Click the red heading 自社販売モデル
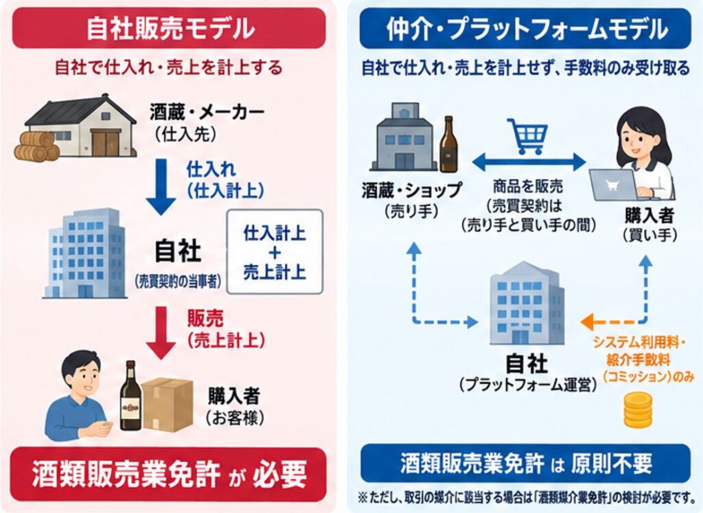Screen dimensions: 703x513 click(x=169, y=27)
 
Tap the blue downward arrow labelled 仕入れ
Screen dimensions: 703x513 click(x=161, y=187)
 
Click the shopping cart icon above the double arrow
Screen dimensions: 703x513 click(x=528, y=136)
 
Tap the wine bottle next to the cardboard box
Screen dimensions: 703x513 click(x=130, y=396)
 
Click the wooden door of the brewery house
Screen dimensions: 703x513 click(x=106, y=143)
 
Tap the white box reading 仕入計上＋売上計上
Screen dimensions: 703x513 click(x=275, y=251)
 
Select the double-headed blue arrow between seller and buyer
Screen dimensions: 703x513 click(x=529, y=162)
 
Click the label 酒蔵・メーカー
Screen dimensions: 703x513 click(x=207, y=113)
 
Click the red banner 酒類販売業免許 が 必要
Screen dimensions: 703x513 click(x=169, y=474)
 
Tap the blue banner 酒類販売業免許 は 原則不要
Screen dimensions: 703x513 click(x=525, y=464)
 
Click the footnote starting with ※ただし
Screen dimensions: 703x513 click(x=527, y=498)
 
